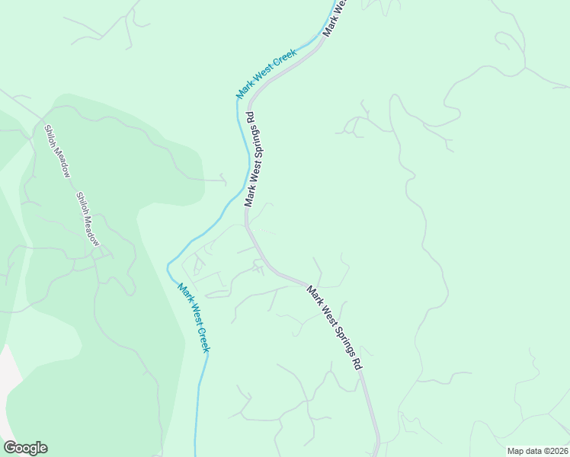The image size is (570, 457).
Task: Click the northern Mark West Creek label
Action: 266,74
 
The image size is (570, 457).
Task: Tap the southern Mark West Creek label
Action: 194,318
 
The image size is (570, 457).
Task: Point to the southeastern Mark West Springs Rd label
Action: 335,327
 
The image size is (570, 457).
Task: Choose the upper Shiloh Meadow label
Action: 57,151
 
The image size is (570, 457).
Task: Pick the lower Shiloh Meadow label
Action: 88,218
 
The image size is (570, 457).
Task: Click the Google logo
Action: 25,448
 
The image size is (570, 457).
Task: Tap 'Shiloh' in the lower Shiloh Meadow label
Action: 81,203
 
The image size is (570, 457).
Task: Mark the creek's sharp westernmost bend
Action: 168,266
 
